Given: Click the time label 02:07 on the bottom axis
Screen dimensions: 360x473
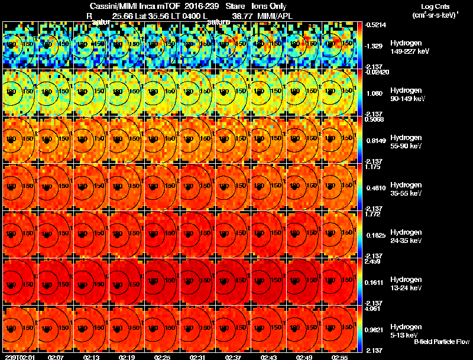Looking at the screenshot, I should click(56, 356).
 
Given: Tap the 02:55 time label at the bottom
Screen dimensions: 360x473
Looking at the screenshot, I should click(340, 356).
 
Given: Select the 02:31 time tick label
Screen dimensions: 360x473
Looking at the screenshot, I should click(198, 356).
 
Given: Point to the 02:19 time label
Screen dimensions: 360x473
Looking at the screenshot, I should click(127, 356).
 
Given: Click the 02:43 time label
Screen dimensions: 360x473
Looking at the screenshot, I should click(269, 356).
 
